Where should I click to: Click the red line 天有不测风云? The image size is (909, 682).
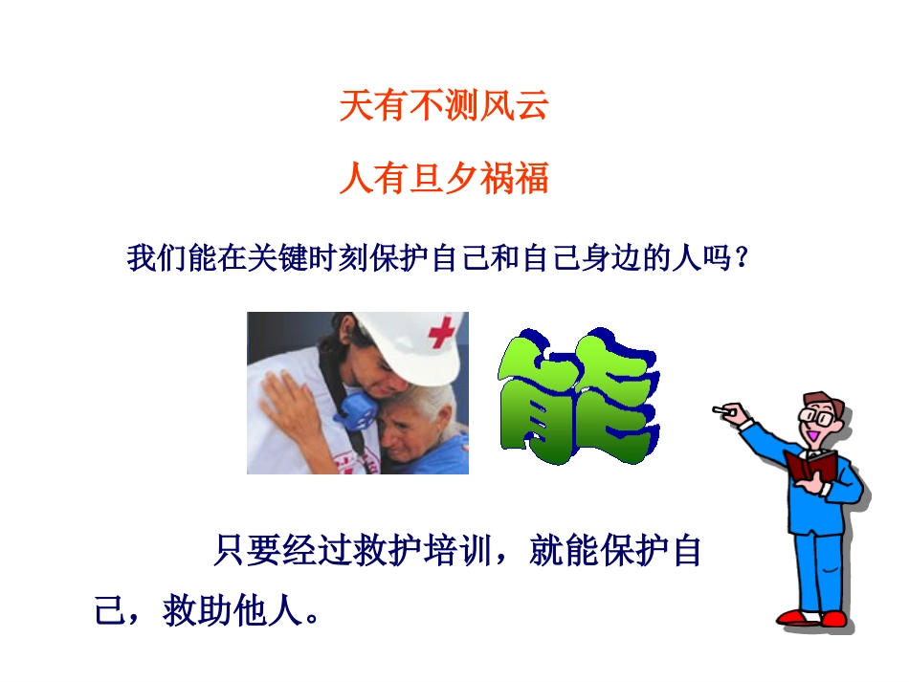(444, 106)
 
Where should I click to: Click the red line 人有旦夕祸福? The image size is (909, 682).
(444, 179)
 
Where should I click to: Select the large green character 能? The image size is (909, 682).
(578, 396)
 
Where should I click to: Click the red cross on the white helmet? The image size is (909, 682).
(441, 333)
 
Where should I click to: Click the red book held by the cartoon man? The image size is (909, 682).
(809, 468)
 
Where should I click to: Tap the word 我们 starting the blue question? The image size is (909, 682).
(157, 259)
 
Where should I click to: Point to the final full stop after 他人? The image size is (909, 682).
(310, 617)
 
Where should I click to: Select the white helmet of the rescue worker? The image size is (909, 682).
(402, 335)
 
